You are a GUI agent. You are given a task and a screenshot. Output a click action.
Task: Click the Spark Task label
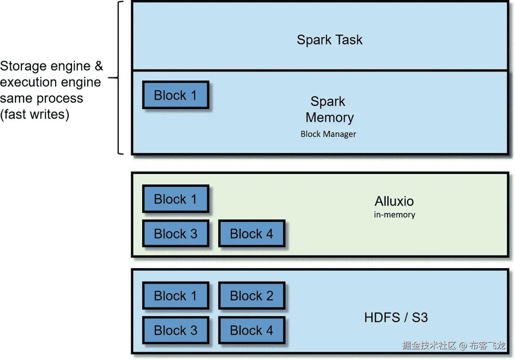(x=329, y=40)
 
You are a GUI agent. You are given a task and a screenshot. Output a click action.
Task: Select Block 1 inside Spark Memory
(x=176, y=95)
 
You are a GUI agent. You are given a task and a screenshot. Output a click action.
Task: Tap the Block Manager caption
(x=328, y=134)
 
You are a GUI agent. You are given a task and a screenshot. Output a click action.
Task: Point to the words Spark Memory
(x=329, y=110)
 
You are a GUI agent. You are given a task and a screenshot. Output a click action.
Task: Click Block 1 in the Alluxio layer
(x=176, y=199)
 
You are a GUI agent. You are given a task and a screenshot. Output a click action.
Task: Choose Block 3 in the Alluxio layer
(x=176, y=234)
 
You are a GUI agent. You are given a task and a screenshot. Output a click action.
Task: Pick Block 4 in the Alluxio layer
(x=252, y=234)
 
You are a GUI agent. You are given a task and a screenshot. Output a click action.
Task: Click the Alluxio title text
(x=394, y=201)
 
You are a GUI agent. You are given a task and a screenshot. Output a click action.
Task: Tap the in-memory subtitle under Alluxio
(x=394, y=215)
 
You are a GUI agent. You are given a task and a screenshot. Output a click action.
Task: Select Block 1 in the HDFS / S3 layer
(x=176, y=296)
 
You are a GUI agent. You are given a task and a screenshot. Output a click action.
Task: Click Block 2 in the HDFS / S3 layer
(x=252, y=296)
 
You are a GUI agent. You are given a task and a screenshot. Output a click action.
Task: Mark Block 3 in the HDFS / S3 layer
(x=176, y=330)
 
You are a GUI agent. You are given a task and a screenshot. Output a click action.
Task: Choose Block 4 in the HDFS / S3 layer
(x=252, y=330)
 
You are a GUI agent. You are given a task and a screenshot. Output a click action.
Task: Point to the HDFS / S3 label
(x=396, y=318)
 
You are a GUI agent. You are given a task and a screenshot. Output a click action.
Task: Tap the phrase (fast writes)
(x=35, y=115)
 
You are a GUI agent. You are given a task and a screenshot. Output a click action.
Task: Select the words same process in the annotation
(x=42, y=98)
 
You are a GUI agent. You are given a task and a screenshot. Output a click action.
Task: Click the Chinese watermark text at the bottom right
(x=454, y=346)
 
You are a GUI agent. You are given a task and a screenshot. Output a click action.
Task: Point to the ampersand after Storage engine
(x=99, y=66)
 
